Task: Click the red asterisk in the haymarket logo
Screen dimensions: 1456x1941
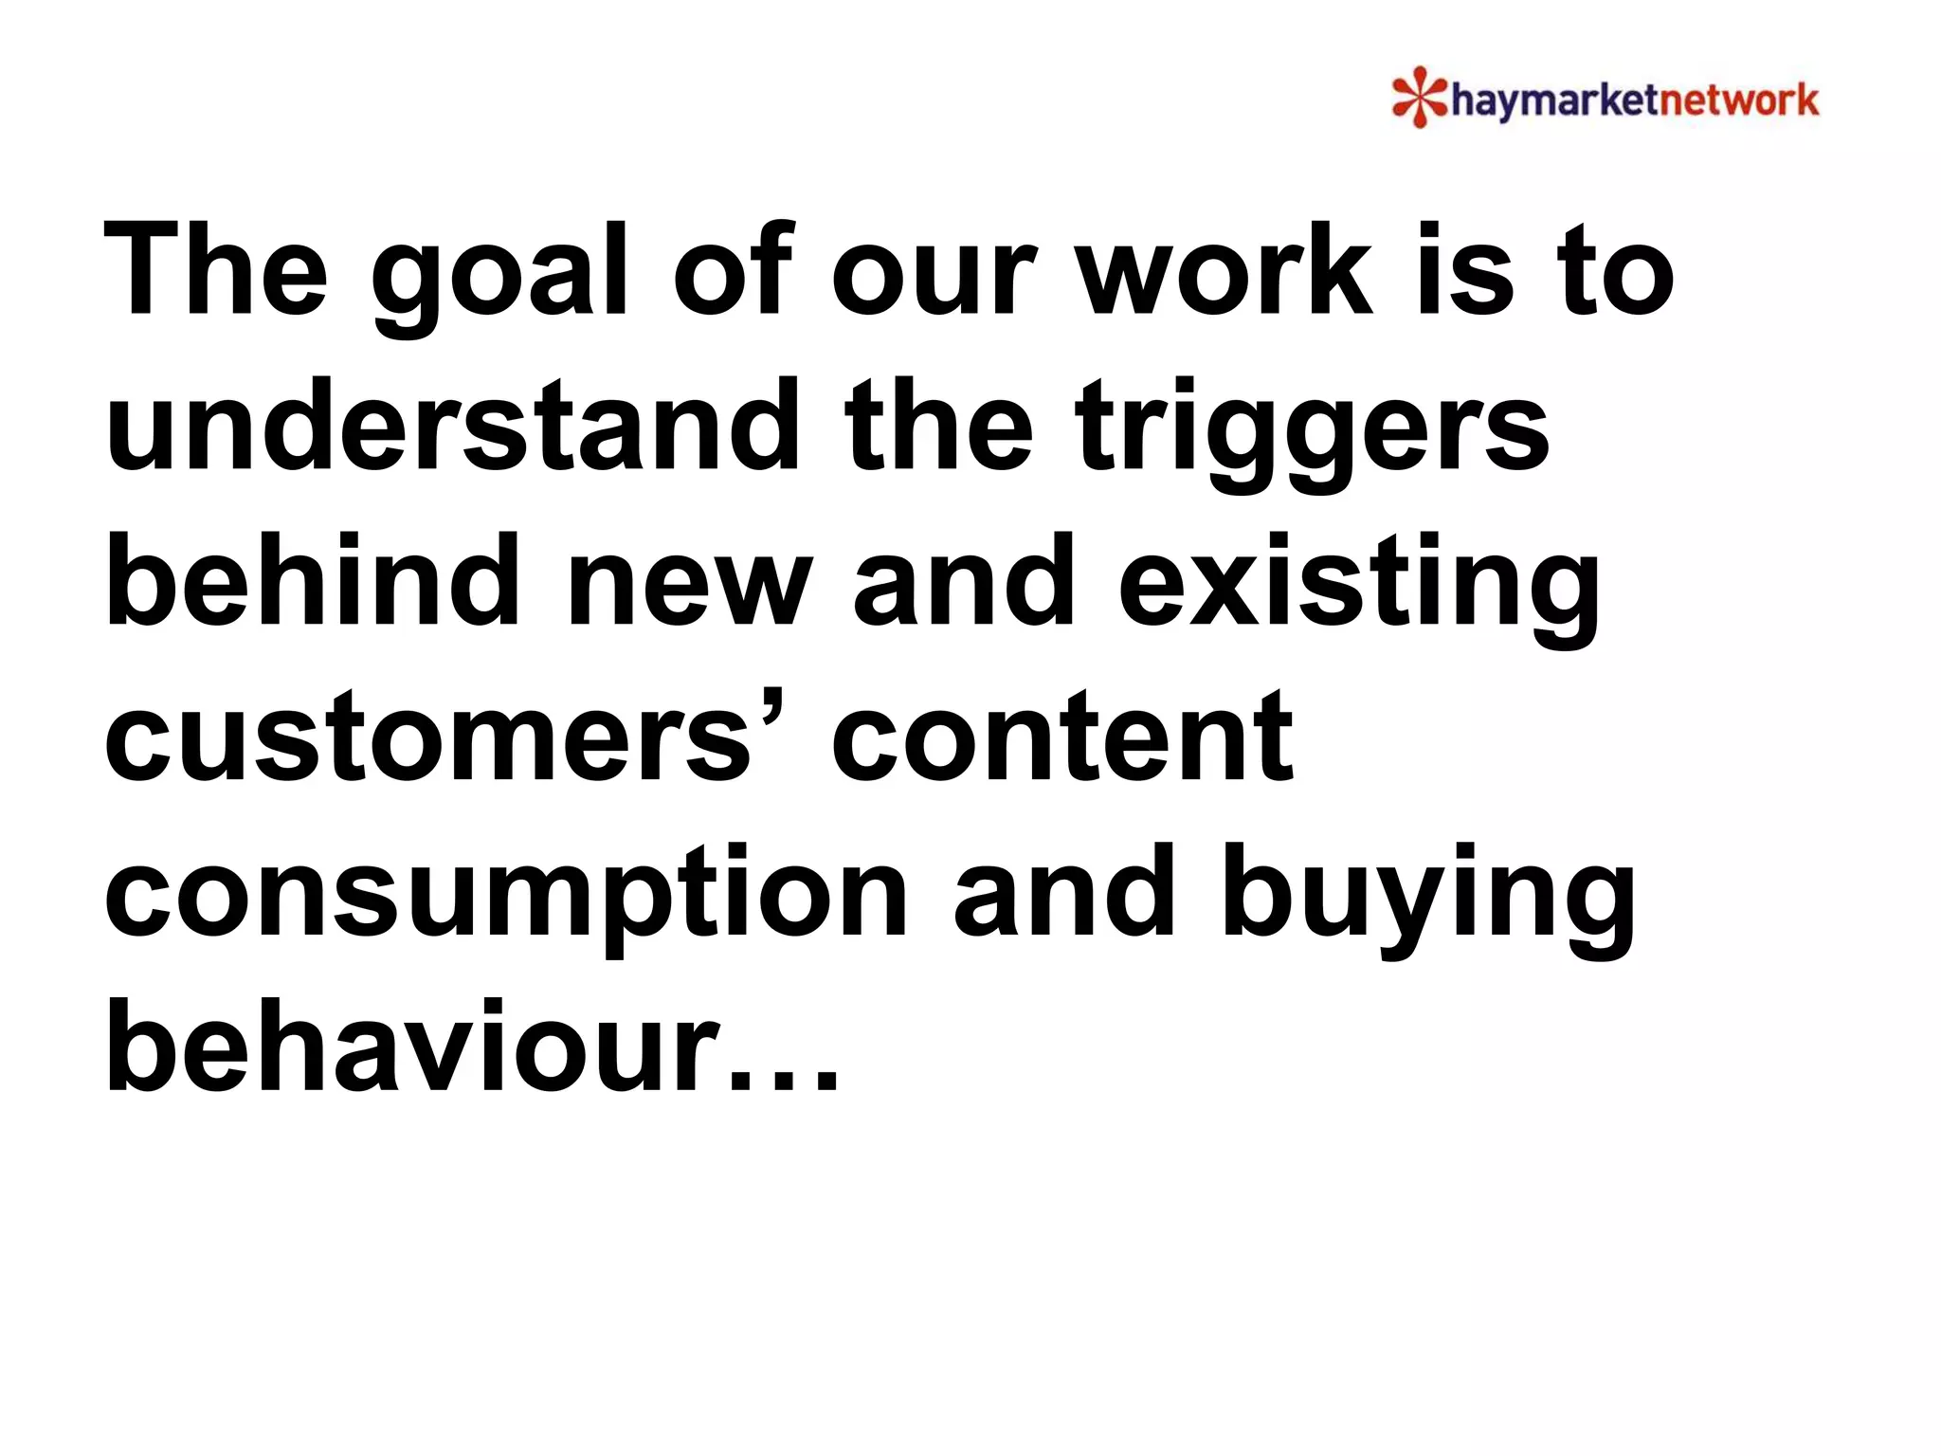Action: click(x=1419, y=97)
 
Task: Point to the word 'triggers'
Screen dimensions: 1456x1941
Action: click(x=1313, y=431)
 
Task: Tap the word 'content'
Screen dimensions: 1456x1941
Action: click(x=1061, y=737)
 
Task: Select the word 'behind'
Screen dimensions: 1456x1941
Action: click(x=313, y=580)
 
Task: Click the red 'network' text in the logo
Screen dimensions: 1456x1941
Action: click(x=1736, y=100)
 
